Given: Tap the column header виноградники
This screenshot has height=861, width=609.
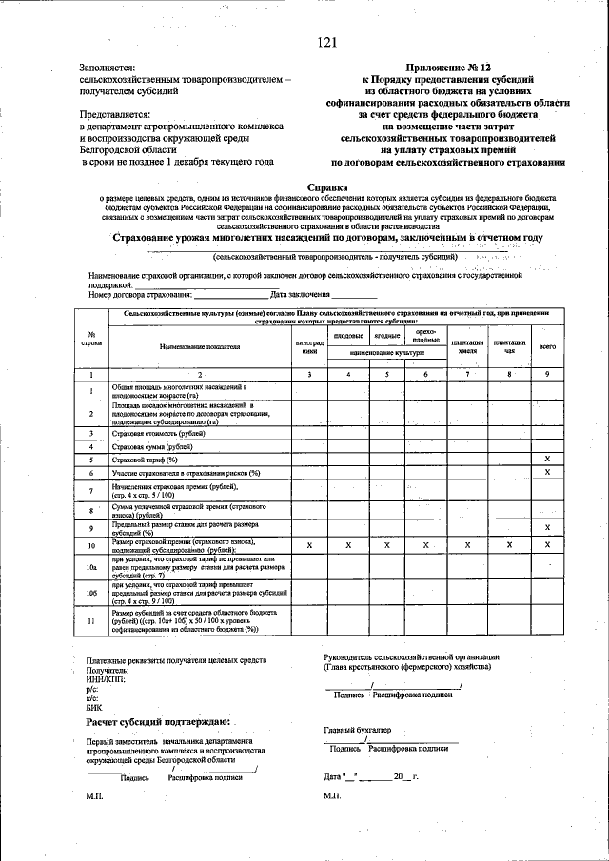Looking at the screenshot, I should click(309, 347).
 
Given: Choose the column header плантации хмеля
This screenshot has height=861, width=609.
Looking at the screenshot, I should click(467, 347).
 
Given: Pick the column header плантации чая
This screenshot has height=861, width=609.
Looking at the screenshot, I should click(509, 347).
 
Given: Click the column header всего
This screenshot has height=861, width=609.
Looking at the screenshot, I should click(547, 347).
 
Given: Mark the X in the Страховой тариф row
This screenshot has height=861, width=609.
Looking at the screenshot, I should click(547, 460).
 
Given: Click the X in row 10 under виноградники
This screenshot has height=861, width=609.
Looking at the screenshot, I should click(309, 545).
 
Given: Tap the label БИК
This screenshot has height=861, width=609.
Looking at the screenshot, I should click(93, 708).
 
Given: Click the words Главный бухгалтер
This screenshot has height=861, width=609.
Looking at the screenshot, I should click(358, 730).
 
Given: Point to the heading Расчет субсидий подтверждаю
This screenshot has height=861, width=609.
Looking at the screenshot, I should click(157, 723).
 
